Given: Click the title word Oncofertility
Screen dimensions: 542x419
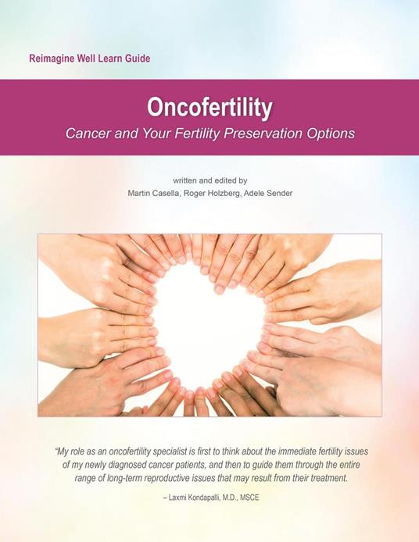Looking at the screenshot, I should [x=209, y=108].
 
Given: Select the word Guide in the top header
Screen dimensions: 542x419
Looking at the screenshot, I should [x=133, y=59].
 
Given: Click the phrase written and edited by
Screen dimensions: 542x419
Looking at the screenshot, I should [x=209, y=179].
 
